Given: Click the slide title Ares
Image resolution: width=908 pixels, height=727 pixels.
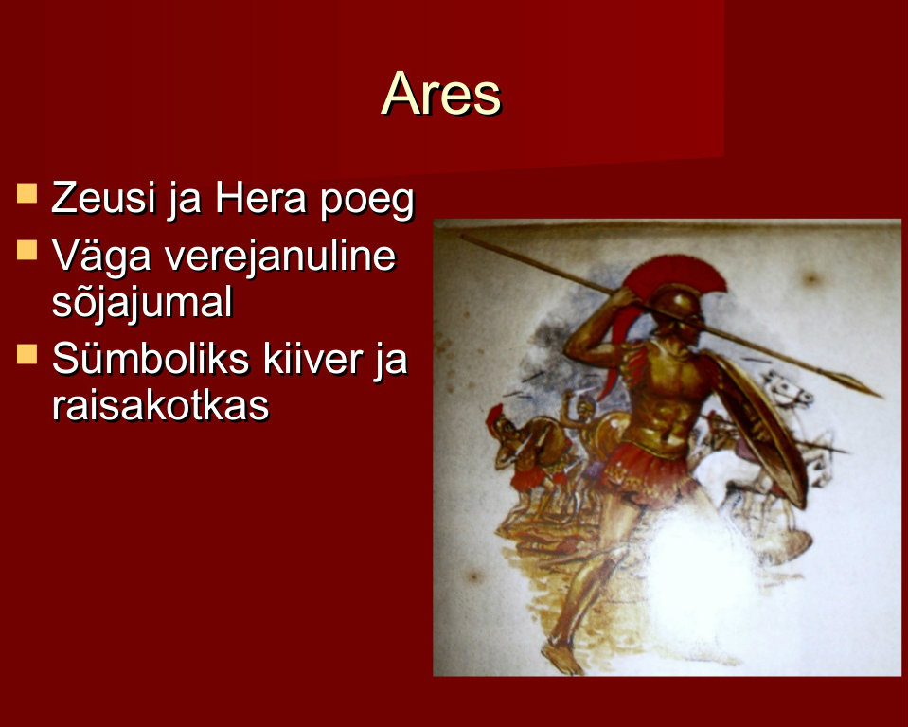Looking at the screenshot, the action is pyautogui.click(x=441, y=94).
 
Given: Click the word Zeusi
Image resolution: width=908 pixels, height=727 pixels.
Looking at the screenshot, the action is pyautogui.click(x=103, y=198).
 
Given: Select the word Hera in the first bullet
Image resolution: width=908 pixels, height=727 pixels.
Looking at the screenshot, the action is pyautogui.click(x=260, y=198).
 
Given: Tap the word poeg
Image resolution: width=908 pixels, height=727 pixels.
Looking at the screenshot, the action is pyautogui.click(x=367, y=202).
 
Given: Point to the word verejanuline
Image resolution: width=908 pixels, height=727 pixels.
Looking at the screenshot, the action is pyautogui.click(x=280, y=256).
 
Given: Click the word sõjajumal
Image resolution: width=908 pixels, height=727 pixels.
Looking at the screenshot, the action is pyautogui.click(x=142, y=302).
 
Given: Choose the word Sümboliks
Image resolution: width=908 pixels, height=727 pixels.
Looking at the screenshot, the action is pyautogui.click(x=150, y=360).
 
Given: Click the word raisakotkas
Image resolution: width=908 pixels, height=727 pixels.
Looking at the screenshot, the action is pyautogui.click(x=160, y=404).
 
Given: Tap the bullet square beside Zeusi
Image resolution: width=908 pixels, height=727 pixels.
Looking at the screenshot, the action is pyautogui.click(x=27, y=193).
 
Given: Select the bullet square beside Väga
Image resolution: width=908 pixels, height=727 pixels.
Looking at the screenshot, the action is pyautogui.click(x=27, y=250).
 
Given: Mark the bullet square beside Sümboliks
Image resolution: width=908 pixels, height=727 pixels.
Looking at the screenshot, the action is pyautogui.click(x=27, y=354).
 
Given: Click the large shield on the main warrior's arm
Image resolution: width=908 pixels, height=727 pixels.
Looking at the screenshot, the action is pyautogui.click(x=758, y=425).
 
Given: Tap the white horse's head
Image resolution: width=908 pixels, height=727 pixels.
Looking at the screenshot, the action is pyautogui.click(x=789, y=390).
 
